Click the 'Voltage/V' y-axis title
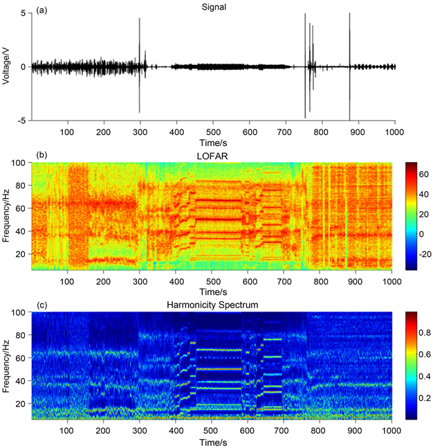(x=6, y=66)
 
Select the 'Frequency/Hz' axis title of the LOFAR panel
(x=6, y=216)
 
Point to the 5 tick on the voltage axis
(x=24, y=13)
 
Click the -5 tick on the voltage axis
(x=21, y=120)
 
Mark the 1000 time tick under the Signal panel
(x=395, y=132)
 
